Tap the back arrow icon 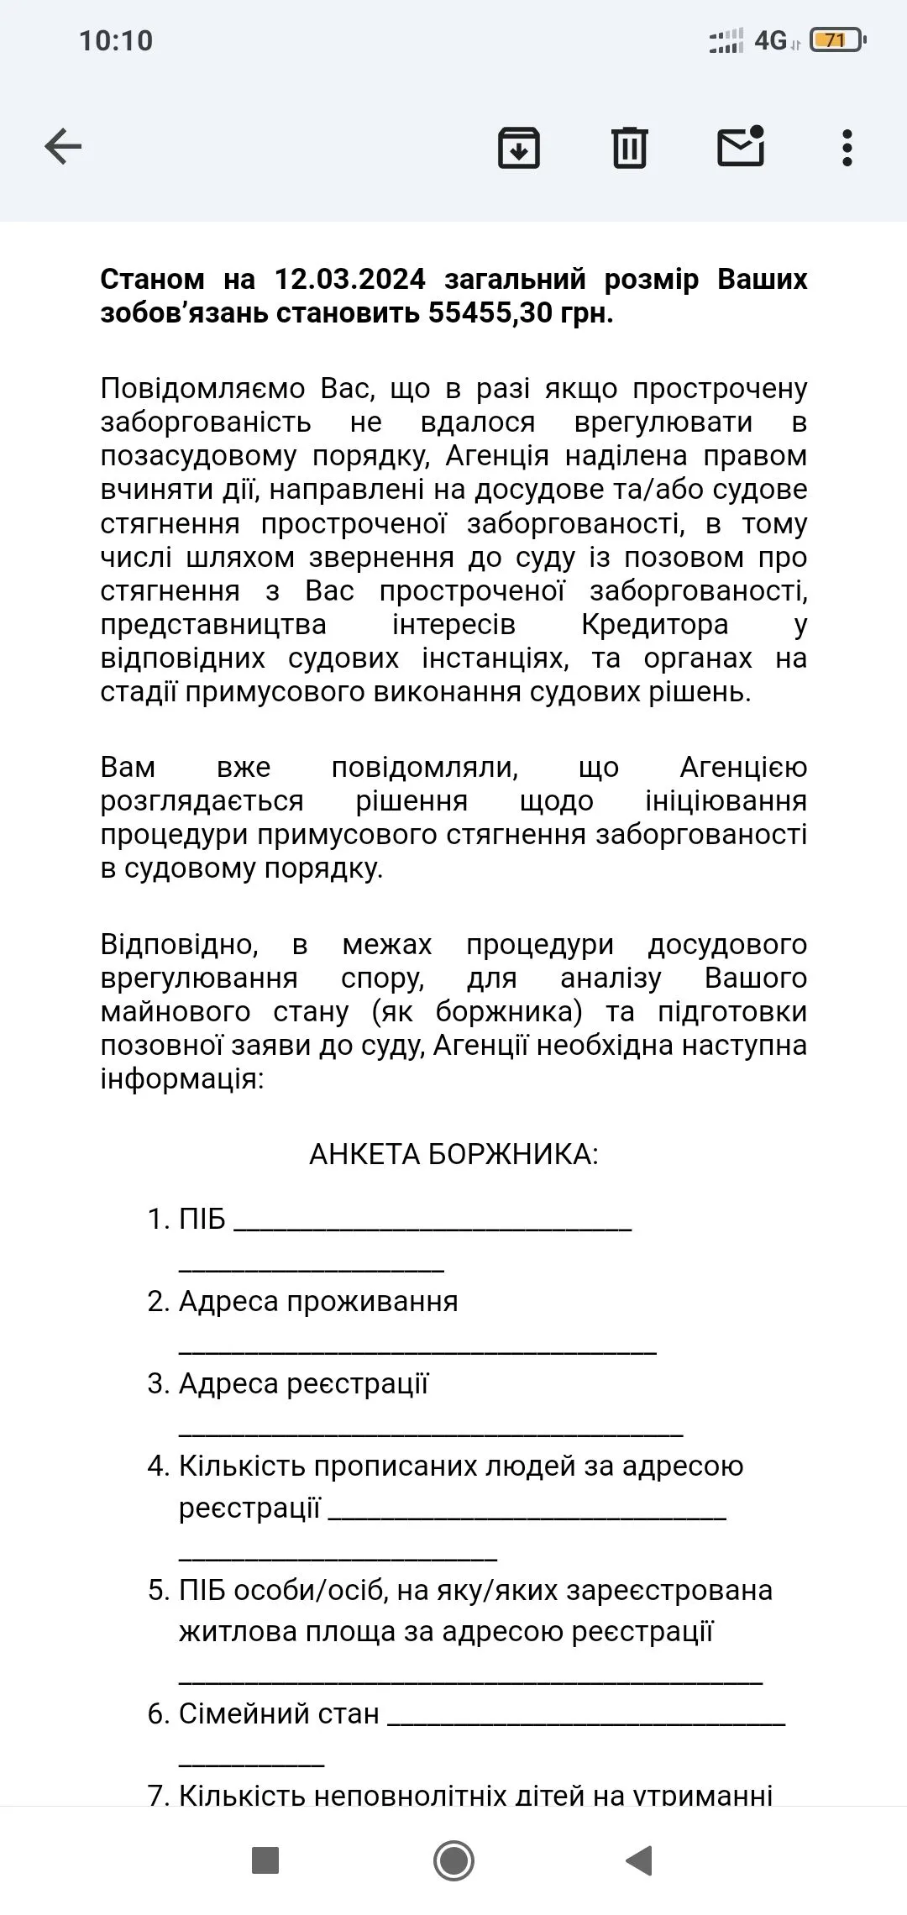(x=63, y=147)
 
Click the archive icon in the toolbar (x=519, y=148)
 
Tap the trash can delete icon (x=629, y=148)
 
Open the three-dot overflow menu (x=847, y=148)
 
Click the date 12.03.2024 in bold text (x=350, y=279)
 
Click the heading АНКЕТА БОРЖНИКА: (x=453, y=1154)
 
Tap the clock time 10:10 (x=116, y=40)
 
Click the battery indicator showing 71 (x=836, y=40)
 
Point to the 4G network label (x=770, y=40)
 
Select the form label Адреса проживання (x=318, y=1301)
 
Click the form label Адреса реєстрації (x=303, y=1383)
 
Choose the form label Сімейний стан (x=279, y=1713)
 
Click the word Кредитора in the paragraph (x=654, y=625)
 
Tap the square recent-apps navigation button (x=265, y=1860)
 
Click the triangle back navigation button (x=640, y=1860)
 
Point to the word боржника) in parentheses (x=509, y=1011)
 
